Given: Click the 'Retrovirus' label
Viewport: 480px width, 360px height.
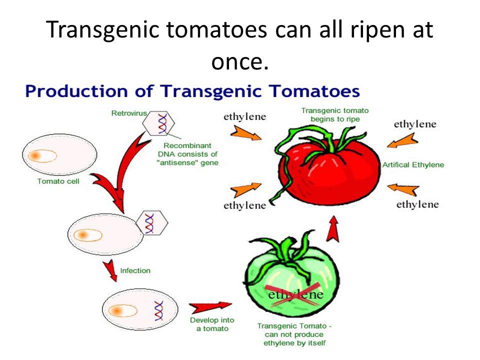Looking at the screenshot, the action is [129, 113].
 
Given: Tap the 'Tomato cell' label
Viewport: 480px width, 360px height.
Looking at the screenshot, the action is [58, 181].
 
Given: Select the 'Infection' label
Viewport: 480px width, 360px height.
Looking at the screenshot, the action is [135, 270].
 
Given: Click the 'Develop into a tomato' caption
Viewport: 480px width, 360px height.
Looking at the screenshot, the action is [212, 324].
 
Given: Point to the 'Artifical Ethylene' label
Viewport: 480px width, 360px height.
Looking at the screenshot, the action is [413, 165].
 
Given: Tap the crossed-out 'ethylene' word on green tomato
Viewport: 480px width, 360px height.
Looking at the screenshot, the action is [295, 295].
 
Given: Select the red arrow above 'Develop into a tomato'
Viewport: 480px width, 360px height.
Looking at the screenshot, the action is [210, 306].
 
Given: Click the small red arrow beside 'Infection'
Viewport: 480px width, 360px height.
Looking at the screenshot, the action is [111, 270].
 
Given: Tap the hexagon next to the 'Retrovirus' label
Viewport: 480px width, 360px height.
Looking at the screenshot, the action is [158, 123].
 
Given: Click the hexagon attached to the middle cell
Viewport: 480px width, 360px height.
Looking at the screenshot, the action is [152, 223].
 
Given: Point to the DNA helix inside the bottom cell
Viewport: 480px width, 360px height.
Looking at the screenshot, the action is [159, 310].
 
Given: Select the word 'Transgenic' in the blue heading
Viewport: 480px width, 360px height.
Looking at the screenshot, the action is [211, 91].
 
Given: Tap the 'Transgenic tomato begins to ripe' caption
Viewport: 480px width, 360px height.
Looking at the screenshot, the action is [335, 115].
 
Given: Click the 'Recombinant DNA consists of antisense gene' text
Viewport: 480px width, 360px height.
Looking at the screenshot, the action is [187, 154].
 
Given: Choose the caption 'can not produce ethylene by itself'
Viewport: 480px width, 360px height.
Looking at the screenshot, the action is [294, 339].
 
